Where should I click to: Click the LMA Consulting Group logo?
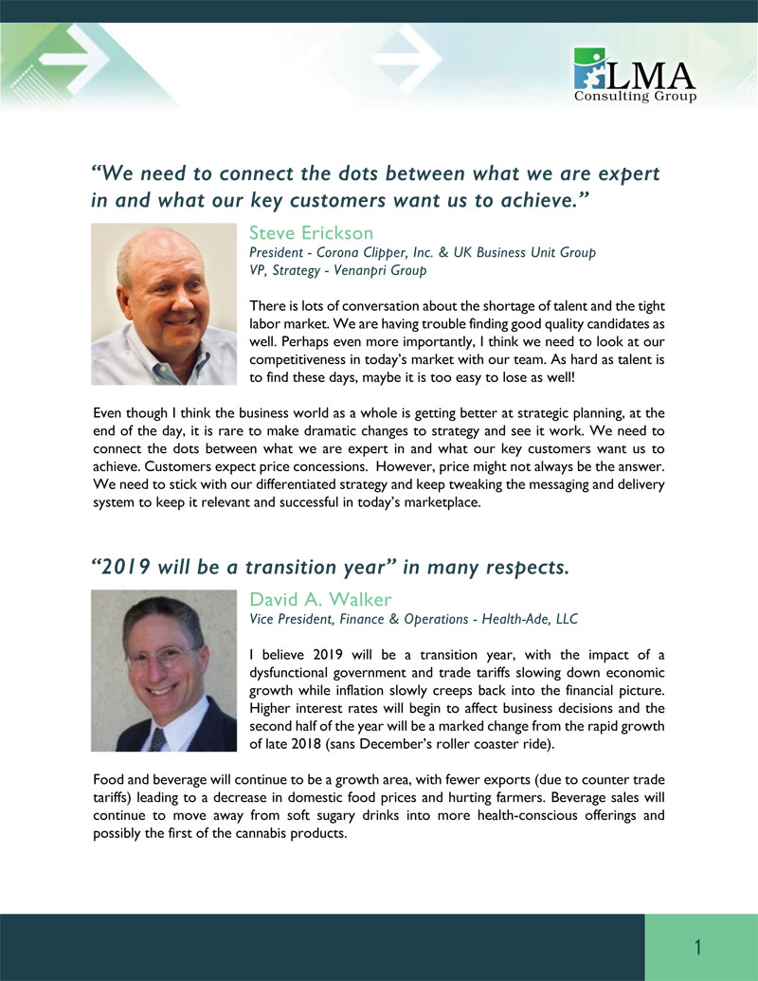tap(635, 75)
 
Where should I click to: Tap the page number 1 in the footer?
tap(698, 947)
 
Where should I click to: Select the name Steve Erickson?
tap(311, 233)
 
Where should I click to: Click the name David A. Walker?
tap(319, 599)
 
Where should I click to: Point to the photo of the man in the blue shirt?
tap(164, 303)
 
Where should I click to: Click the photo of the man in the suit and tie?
tap(164, 670)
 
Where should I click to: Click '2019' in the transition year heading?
tap(126, 568)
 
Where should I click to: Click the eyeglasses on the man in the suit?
tap(164, 655)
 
